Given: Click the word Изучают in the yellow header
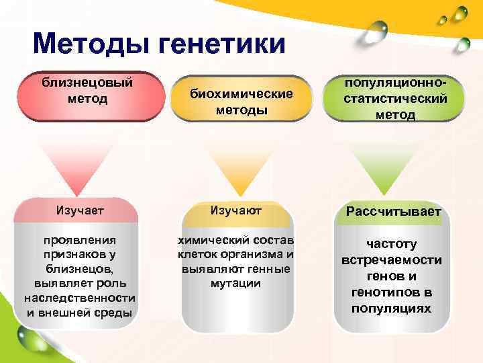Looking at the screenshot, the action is tap(235, 211).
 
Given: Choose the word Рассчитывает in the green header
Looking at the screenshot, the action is tap(393, 212).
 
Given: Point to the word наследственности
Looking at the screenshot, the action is tap(79, 298).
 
